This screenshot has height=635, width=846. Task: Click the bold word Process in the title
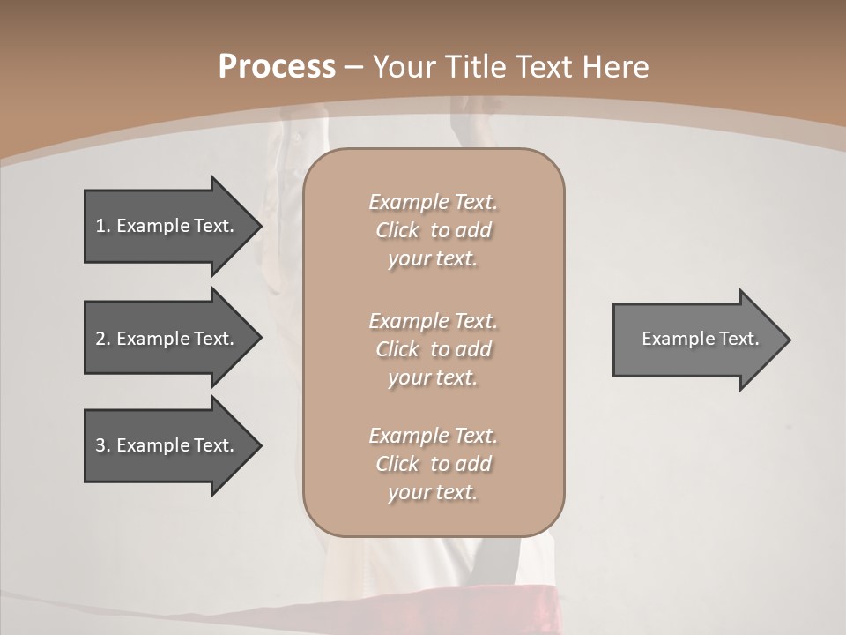point(277,67)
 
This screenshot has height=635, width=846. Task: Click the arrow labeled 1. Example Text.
point(167,226)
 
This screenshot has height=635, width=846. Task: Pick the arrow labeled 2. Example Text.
point(167,339)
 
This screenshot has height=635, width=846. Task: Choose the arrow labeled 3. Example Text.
point(167,445)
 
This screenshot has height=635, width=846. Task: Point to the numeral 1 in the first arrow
point(101,226)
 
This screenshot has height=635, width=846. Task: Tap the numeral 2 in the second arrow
point(101,339)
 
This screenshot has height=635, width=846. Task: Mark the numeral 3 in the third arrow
point(101,445)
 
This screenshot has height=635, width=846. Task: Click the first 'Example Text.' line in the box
point(433,202)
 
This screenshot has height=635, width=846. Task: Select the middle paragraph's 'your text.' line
point(433,377)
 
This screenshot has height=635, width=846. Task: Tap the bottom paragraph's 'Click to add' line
point(433,464)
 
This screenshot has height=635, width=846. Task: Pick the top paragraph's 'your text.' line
point(433,259)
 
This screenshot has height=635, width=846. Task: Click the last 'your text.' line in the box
point(433,492)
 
